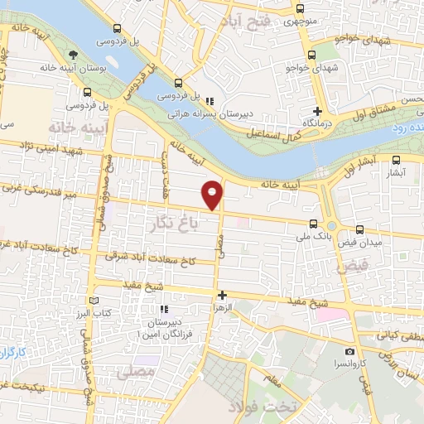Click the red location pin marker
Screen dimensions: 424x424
click(213, 194)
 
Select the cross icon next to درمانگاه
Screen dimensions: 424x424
click(317, 110)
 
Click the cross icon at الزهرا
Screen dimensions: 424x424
click(221, 294)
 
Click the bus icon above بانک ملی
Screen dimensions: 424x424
click(313, 224)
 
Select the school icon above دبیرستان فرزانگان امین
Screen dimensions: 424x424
click(163, 308)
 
